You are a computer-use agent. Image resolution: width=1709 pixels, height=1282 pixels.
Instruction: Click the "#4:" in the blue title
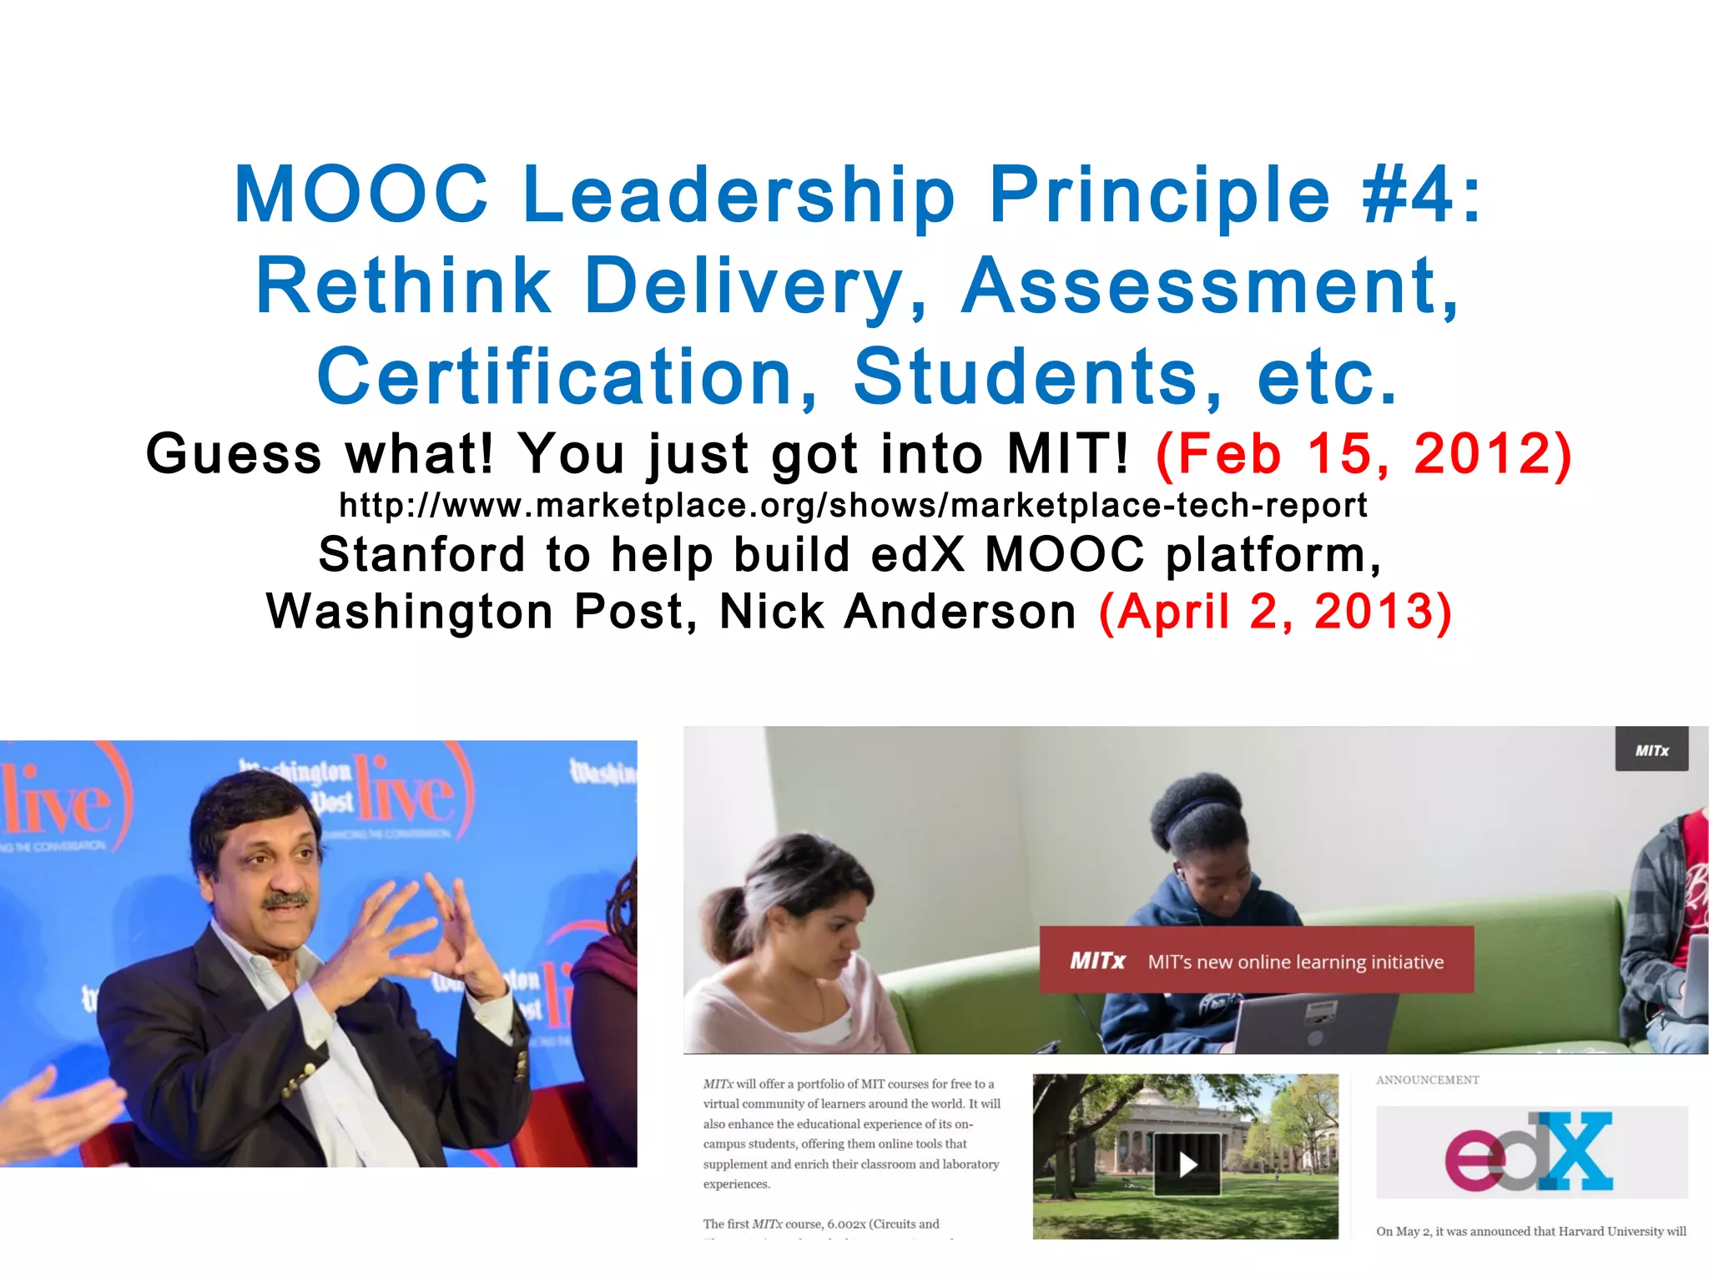1422,194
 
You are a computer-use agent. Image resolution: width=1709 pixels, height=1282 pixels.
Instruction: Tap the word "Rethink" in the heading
403,285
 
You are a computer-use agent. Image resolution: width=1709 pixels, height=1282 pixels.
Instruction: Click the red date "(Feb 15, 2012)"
1364,454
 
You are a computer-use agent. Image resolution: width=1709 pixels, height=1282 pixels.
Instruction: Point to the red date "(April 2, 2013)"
1275,612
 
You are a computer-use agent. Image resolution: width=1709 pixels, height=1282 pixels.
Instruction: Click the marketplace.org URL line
853,506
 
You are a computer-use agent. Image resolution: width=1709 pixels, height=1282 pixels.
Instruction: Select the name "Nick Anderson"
898,612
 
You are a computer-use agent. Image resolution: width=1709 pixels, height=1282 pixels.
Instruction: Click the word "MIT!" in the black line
1068,454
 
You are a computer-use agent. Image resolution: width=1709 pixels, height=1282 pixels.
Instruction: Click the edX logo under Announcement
1530,1152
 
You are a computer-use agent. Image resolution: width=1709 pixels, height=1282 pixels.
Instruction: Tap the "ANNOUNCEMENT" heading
1427,1080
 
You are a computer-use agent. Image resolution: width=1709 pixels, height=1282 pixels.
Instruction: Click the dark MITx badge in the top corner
1651,750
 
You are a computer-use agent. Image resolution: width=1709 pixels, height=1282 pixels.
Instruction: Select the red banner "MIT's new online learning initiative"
1256,961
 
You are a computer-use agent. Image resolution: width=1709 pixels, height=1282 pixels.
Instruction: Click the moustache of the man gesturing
286,901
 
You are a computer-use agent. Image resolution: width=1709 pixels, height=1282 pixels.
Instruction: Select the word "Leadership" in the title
739,194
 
